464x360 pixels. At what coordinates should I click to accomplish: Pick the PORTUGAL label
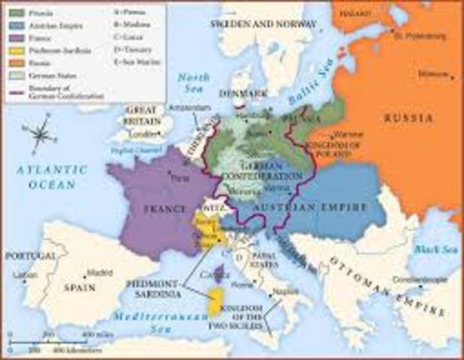click(x=30, y=256)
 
